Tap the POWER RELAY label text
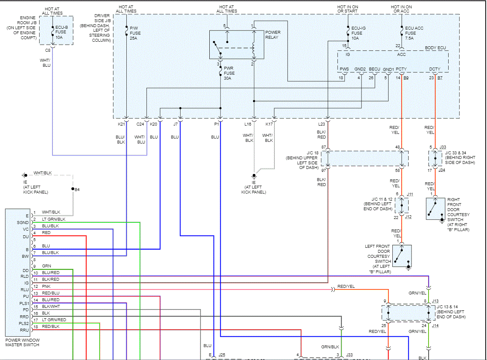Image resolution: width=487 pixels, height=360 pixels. point(273,35)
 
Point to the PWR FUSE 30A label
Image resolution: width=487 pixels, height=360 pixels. point(229,73)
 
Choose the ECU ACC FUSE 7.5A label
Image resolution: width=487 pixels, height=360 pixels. point(414,33)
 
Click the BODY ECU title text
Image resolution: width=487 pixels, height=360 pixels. point(436,48)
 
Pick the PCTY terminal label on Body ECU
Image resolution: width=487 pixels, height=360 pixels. point(401,69)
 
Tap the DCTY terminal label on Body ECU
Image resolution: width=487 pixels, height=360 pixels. point(434,69)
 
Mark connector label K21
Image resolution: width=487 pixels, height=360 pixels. point(121,124)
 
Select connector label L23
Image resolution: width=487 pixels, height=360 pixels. point(321,124)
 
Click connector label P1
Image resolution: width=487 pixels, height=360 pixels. point(216,124)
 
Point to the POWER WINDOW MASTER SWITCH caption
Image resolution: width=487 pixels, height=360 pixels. point(22,342)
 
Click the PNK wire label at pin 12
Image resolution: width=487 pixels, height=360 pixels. point(46,286)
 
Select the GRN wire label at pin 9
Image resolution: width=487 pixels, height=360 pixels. point(46,266)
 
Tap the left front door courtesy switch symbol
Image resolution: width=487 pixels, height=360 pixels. point(402,256)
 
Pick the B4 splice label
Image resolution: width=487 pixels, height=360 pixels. point(77,190)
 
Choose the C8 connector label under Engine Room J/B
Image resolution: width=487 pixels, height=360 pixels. point(48,50)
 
